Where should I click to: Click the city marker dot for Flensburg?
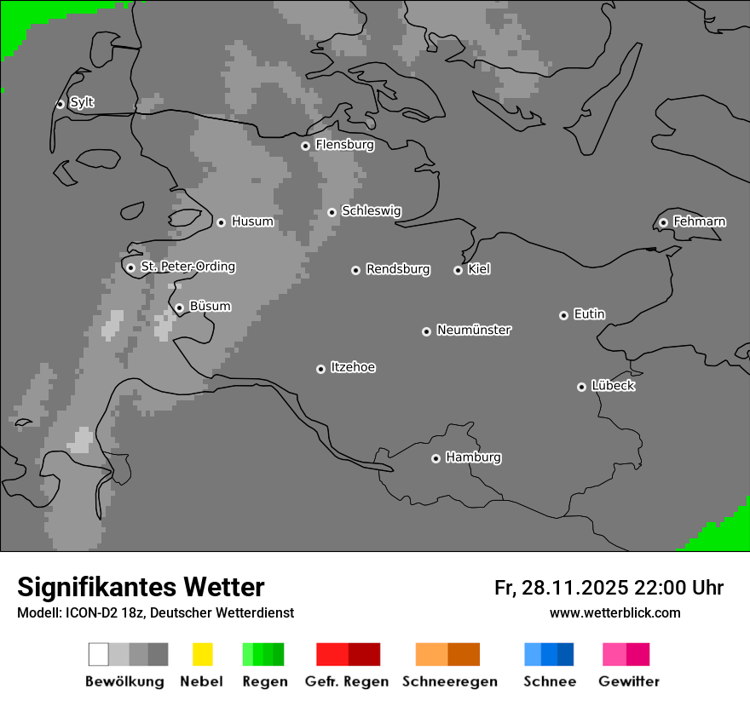[305, 146]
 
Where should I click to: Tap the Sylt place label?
[82, 103]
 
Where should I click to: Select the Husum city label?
[252, 221]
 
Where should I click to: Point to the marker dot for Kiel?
[458, 270]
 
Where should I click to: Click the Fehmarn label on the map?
[699, 221]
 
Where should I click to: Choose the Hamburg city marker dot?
[436, 458]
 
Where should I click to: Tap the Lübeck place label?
[613, 386]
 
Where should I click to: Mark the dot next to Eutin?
[563, 315]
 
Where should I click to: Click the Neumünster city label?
[474, 330]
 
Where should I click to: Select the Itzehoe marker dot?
[320, 369]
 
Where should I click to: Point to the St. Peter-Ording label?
[187, 267]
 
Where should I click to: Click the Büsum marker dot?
[179, 308]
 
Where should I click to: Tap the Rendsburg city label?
[398, 269]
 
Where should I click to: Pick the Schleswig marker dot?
[332, 212]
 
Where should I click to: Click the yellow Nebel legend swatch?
[202, 654]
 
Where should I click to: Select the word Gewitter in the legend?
[629, 681]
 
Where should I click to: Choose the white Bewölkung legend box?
[99, 654]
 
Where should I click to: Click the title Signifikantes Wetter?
[141, 588]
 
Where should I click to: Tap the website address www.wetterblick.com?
[615, 612]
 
